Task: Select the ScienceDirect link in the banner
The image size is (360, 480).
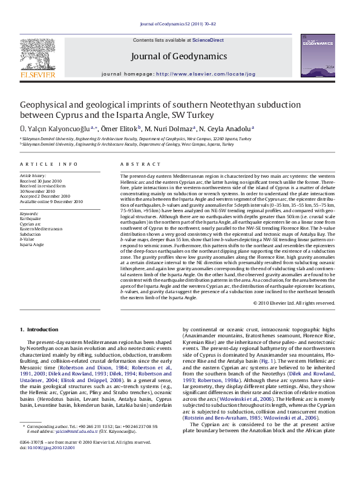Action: coord(208,39)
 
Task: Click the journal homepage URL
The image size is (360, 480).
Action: coord(206,74)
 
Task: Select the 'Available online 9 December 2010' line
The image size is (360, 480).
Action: coord(51,201)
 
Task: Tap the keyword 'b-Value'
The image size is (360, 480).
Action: coord(28,239)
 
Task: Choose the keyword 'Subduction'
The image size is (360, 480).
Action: coord(31,235)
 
